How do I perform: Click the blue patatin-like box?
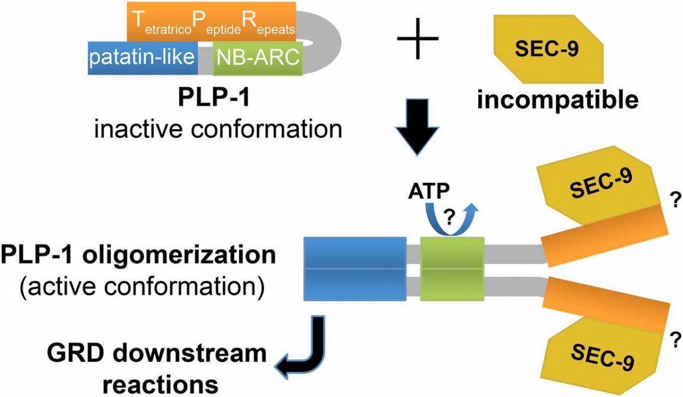(x=142, y=58)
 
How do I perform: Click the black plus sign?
(x=418, y=39)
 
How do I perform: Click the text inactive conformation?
(x=219, y=130)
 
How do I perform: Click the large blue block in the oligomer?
(x=355, y=268)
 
